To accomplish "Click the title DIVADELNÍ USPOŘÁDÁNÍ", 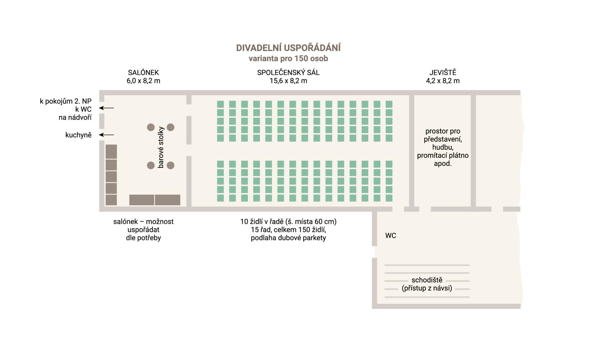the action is pos(288,48).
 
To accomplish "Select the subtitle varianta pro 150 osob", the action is pos(288,58).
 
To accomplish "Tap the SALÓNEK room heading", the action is pos(143,73).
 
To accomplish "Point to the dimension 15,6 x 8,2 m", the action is pos(288,81).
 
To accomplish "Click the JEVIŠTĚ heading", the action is pos(443,72).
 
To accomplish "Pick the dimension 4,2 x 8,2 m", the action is pos(443,81).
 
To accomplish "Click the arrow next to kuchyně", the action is pos(107,135).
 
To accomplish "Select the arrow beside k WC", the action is pos(107,108).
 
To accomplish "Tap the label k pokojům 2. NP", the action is pos(66,101).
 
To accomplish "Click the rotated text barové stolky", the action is pos(161,147).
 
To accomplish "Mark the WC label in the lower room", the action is pos(391,236).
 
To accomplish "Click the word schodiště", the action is pos(427,280).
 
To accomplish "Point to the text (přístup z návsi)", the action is pos(427,288).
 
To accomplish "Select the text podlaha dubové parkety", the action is pos(288,238).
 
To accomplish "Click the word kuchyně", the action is pos(78,135).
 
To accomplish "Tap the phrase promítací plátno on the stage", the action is pos(443,156).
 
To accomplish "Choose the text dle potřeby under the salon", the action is pos(143,238).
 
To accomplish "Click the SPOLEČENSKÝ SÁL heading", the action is pos(288,73).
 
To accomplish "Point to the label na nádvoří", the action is pos(75,117).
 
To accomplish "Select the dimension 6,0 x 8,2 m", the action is pos(143,81).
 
